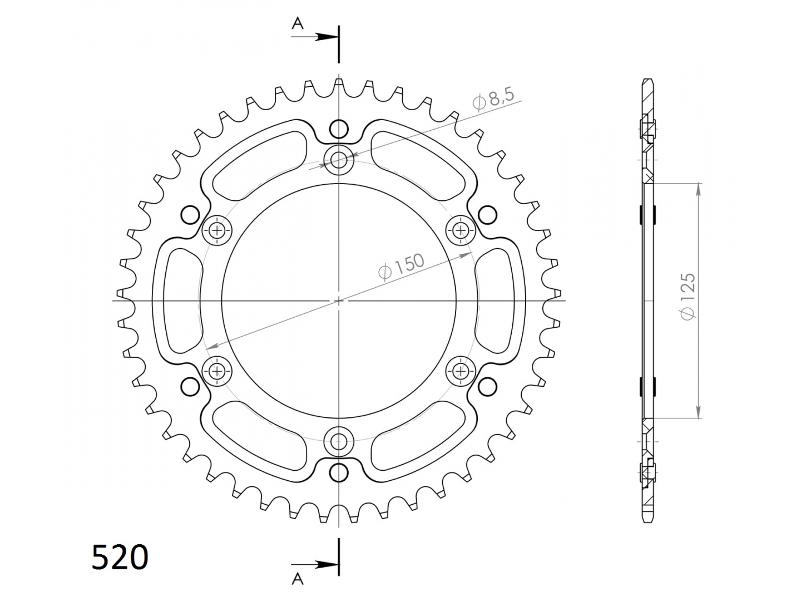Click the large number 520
click(x=120, y=557)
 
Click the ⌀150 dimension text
click(x=401, y=266)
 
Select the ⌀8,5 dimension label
click(x=493, y=98)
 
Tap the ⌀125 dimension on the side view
click(x=688, y=296)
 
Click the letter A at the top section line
click(x=298, y=23)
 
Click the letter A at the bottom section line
click(x=298, y=578)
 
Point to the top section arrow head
click(x=327, y=37)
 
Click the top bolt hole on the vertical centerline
click(x=339, y=160)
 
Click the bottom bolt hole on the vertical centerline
click(x=339, y=442)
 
